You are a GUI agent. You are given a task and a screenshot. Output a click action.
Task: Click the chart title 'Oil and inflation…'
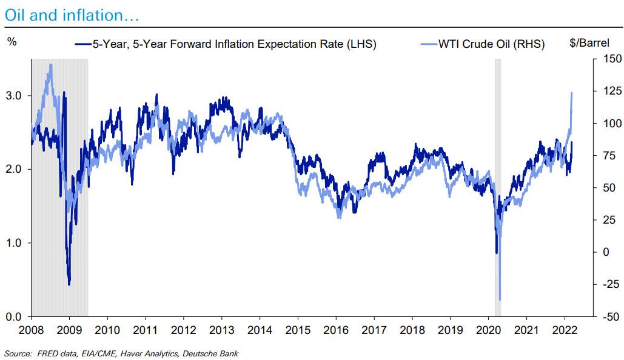pyautogui.click(x=72, y=16)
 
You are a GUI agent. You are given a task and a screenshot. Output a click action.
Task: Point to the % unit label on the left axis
pyautogui.click(x=12, y=42)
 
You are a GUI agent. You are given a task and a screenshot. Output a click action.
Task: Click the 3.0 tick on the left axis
pyautogui.click(x=15, y=96)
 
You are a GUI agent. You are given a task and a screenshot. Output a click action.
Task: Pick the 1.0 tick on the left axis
pyautogui.click(x=15, y=243)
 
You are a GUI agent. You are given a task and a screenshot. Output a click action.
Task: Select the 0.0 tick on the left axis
pyautogui.click(x=15, y=316)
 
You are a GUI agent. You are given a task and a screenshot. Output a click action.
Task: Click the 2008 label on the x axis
pyautogui.click(x=32, y=330)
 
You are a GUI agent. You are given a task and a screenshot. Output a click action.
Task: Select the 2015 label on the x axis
pyautogui.click(x=297, y=330)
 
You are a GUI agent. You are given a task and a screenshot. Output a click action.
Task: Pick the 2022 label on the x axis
pyautogui.click(x=565, y=330)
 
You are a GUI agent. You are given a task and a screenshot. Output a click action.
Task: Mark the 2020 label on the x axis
pyautogui.click(x=489, y=330)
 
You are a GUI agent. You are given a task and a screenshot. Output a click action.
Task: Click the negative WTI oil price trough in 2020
pyautogui.click(x=500, y=299)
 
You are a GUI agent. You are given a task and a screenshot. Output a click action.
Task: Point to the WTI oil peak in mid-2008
pyautogui.click(x=50, y=65)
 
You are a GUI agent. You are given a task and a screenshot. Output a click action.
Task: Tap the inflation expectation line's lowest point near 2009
pyautogui.click(x=69, y=284)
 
